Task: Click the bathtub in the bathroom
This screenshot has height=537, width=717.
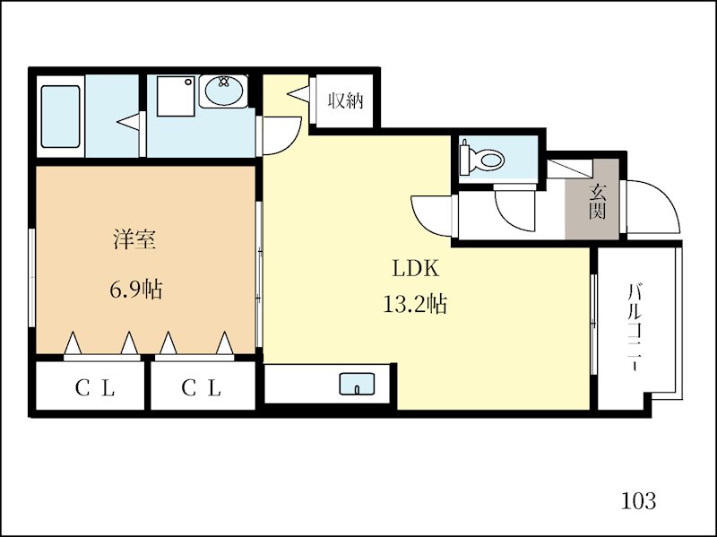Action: click(x=60, y=117)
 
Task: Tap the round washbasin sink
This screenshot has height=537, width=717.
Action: click(x=223, y=91)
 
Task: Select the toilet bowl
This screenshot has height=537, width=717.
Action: click(x=483, y=159)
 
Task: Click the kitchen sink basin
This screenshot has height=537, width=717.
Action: click(x=357, y=384)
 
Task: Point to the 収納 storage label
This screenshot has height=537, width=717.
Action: click(x=345, y=100)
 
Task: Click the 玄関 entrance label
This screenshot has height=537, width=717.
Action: click(x=597, y=202)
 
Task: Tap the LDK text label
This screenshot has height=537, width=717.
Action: click(x=416, y=269)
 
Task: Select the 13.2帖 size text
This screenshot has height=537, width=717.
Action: click(x=415, y=303)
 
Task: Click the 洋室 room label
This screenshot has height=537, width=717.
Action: click(x=135, y=239)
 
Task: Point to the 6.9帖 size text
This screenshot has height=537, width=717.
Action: click(x=136, y=289)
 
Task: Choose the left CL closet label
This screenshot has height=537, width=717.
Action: click(x=95, y=388)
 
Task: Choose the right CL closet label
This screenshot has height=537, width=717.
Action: click(x=201, y=388)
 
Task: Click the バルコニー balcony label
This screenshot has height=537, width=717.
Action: click(x=635, y=327)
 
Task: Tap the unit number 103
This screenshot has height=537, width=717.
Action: click(x=638, y=500)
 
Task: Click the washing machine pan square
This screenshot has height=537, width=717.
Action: click(x=176, y=96)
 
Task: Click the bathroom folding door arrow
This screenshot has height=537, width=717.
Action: click(x=128, y=122)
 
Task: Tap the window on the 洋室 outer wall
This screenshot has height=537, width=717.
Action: click(x=31, y=278)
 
